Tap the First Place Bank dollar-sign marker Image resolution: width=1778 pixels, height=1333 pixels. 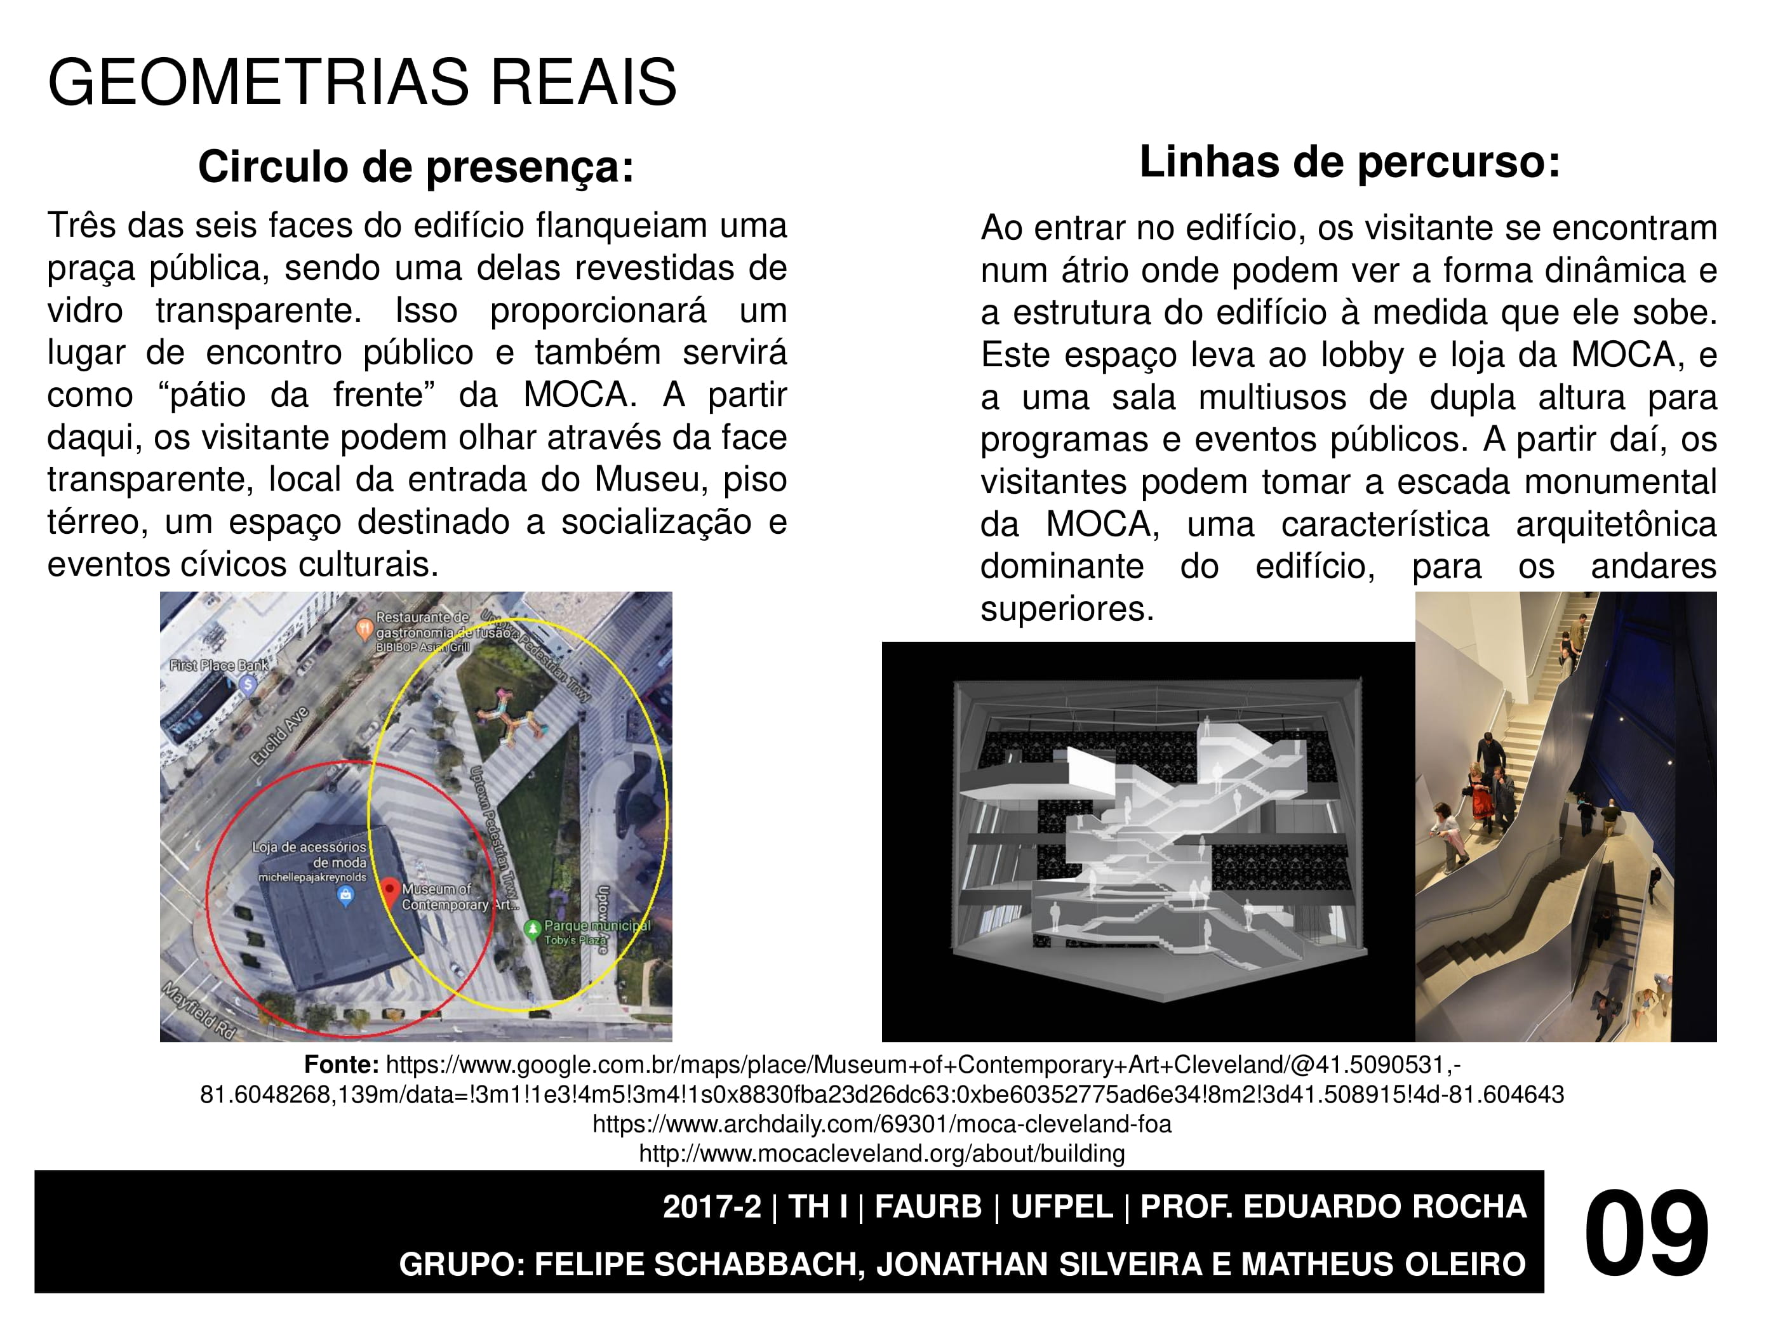[x=248, y=684]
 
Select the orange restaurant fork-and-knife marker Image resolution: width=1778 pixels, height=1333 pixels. [x=364, y=628]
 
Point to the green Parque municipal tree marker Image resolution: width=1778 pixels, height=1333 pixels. [x=531, y=929]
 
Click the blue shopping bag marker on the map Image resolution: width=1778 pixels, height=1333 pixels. [x=345, y=895]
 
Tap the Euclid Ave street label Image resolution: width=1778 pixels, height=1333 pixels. [x=279, y=735]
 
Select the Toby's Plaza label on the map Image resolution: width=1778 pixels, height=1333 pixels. [x=575, y=940]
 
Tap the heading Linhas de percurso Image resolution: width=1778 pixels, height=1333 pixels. [x=1349, y=162]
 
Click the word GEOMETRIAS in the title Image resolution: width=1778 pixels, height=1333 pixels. [x=257, y=82]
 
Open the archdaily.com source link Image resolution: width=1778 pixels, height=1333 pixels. [x=882, y=1124]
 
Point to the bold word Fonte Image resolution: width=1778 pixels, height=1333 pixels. [x=341, y=1064]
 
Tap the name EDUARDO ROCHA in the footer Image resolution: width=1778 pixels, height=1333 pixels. [x=1385, y=1207]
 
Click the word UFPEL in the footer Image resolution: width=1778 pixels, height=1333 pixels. [x=1061, y=1207]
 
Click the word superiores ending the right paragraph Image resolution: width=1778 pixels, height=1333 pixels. [x=1067, y=609]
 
